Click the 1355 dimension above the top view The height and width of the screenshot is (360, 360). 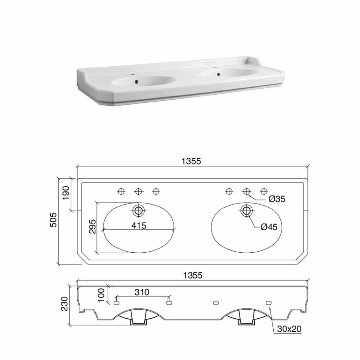pos(191,161)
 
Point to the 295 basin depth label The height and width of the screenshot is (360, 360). pos(92,227)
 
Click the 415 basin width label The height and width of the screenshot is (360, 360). pos(139,225)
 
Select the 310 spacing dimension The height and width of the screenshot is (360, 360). pos(142,292)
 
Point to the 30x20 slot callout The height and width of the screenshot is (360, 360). pos(289,329)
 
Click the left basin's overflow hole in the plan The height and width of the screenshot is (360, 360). pos(139,210)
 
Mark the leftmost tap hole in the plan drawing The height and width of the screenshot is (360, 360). pos(121,191)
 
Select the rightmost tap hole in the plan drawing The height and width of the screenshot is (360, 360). pos(264,191)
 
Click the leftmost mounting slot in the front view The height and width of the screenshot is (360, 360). pos(117,303)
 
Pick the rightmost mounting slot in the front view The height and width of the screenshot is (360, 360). pos(269,303)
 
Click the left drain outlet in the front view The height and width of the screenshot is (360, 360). pos(139,320)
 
